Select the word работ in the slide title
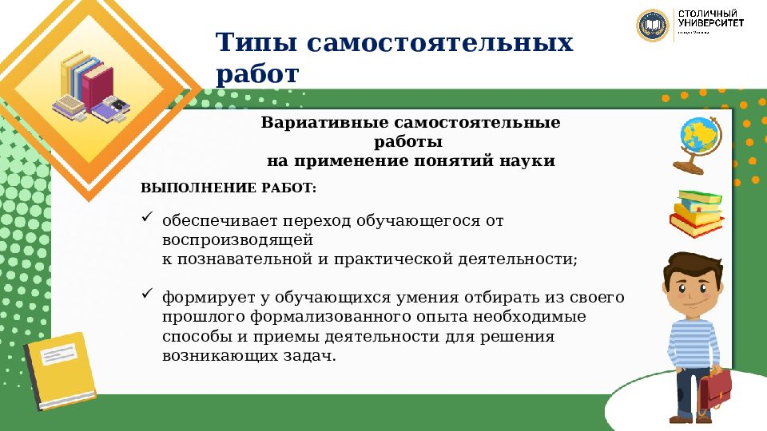[256, 74]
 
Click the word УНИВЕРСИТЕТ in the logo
[710, 23]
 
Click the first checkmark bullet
[146, 216]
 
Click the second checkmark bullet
[146, 295]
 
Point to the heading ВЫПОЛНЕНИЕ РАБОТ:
[229, 188]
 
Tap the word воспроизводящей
[236, 239]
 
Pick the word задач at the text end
[304, 356]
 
